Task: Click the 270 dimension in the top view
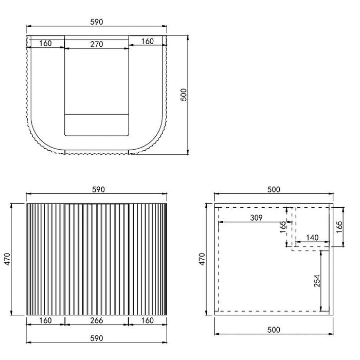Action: pos(96,44)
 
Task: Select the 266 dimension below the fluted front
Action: pos(96,321)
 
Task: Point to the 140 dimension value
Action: pos(312,238)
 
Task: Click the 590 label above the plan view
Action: pos(97,22)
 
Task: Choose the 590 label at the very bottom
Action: pos(97,338)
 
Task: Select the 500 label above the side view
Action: pos(274,189)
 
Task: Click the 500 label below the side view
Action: pos(274,338)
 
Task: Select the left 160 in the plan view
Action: pos(45,44)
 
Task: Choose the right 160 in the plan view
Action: pos(148,41)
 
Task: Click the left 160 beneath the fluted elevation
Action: pos(45,321)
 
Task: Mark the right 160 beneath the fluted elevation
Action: pos(148,321)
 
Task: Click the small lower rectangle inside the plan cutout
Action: pos(96,124)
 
